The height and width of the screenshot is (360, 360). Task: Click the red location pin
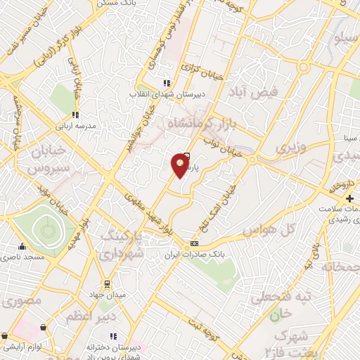(181, 165)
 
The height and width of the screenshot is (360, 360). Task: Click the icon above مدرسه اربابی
(75, 115)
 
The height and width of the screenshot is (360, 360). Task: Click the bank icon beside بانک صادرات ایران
(195, 243)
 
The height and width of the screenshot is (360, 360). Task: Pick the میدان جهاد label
(106, 295)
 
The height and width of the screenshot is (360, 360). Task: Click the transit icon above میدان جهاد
(106, 284)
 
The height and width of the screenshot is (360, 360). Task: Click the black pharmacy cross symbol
(330, 200)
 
